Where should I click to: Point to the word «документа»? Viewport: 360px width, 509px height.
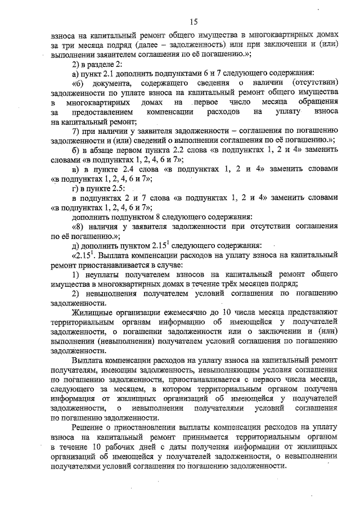(112, 83)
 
